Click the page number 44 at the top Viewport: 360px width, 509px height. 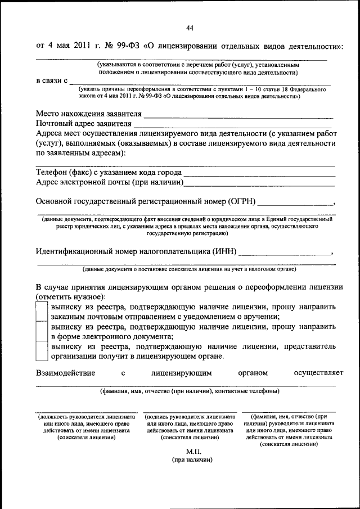[190, 28]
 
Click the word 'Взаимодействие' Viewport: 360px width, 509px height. [65, 372]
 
